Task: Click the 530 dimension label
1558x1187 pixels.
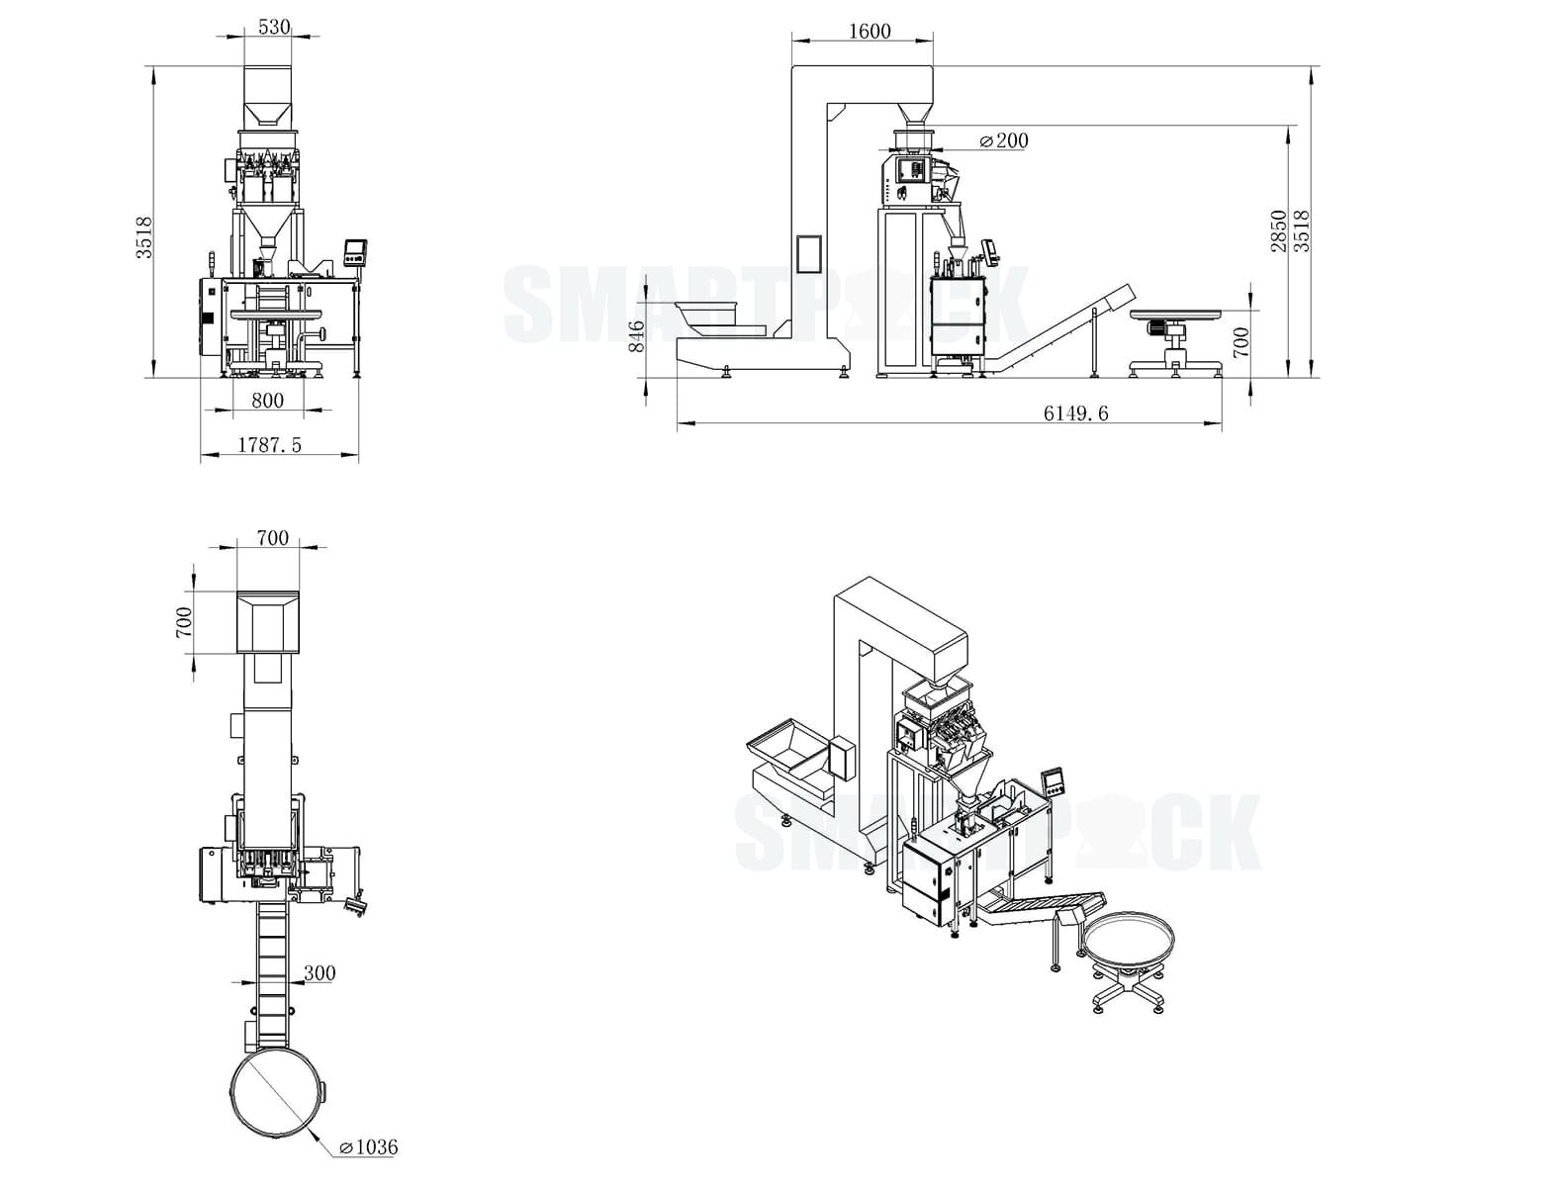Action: tap(274, 27)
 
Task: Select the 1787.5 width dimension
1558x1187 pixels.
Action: tap(269, 445)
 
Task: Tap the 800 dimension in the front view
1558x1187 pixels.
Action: tap(267, 401)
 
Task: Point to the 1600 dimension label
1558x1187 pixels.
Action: tap(870, 31)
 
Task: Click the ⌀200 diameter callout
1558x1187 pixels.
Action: tap(1003, 140)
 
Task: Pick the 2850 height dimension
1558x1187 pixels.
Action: tap(1279, 229)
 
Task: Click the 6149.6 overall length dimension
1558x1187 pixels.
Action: tap(1075, 413)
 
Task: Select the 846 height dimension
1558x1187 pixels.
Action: tap(637, 335)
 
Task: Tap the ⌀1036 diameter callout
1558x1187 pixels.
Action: tap(367, 1147)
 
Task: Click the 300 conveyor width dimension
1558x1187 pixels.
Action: tap(319, 973)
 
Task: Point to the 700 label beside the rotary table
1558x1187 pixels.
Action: tap(1242, 342)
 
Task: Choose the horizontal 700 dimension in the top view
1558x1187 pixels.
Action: tap(272, 538)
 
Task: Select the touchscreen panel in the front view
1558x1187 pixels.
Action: tap(355, 251)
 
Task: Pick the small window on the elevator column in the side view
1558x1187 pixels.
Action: tap(809, 253)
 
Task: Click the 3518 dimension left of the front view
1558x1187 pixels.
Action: tap(144, 237)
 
